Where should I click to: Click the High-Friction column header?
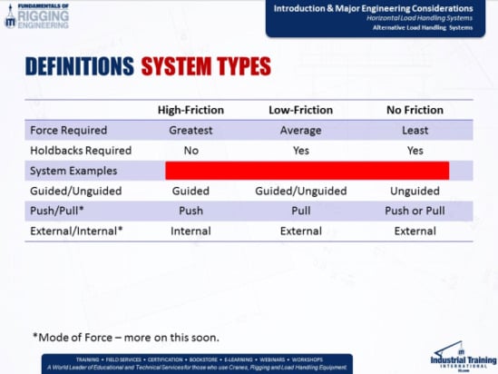pyautogui.click(x=190, y=110)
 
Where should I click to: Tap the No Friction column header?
pyautogui.click(x=414, y=110)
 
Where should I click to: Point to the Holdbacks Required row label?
pyautogui.click(x=81, y=150)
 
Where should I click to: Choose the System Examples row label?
pyautogui.click(x=73, y=171)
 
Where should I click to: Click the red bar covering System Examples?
pyautogui.click(x=307, y=170)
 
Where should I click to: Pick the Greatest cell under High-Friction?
pyautogui.click(x=190, y=130)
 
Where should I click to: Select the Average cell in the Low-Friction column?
pyautogui.click(x=302, y=130)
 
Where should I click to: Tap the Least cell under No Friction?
pyautogui.click(x=415, y=130)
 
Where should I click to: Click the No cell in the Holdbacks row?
pyautogui.click(x=190, y=150)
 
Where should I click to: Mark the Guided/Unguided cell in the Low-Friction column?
pyautogui.click(x=302, y=191)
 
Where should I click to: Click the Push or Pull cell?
pyautogui.click(x=415, y=211)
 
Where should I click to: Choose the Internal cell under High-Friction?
pyautogui.click(x=190, y=231)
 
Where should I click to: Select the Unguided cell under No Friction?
pyautogui.click(x=415, y=191)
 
